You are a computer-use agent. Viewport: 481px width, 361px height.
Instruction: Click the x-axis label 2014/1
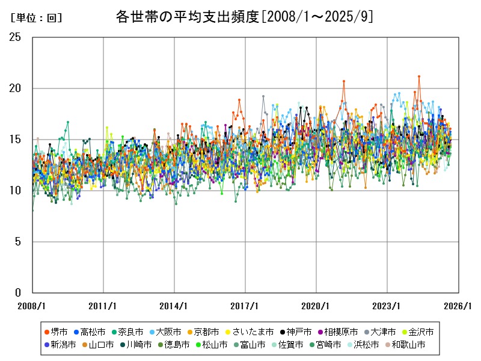tap(174, 306)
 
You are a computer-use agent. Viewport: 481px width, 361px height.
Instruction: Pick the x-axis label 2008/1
tap(32, 306)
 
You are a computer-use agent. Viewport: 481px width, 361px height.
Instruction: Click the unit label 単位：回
tap(36, 18)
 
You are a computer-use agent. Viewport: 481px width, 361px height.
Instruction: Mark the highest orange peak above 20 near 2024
tap(419, 76)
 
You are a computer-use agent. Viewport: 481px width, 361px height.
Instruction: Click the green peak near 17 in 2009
tap(67, 122)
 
